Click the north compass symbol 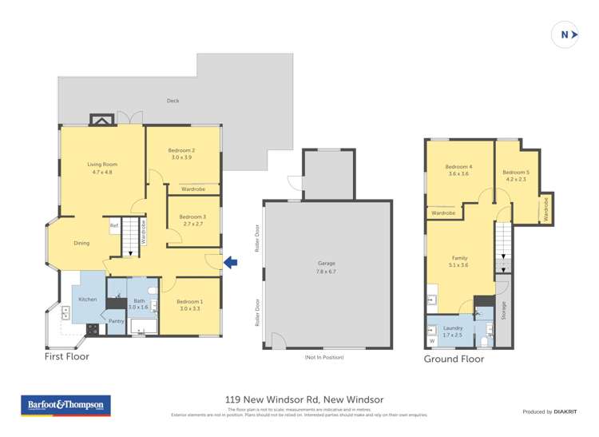point(565,34)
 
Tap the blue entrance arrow point(230,262)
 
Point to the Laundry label point(452,331)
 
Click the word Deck point(173,101)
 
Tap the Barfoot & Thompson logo point(65,406)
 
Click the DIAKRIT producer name point(565,411)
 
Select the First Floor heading point(66,357)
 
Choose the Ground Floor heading point(454,359)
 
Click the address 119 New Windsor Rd point(303,399)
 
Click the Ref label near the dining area point(114,226)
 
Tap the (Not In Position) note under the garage point(324,357)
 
